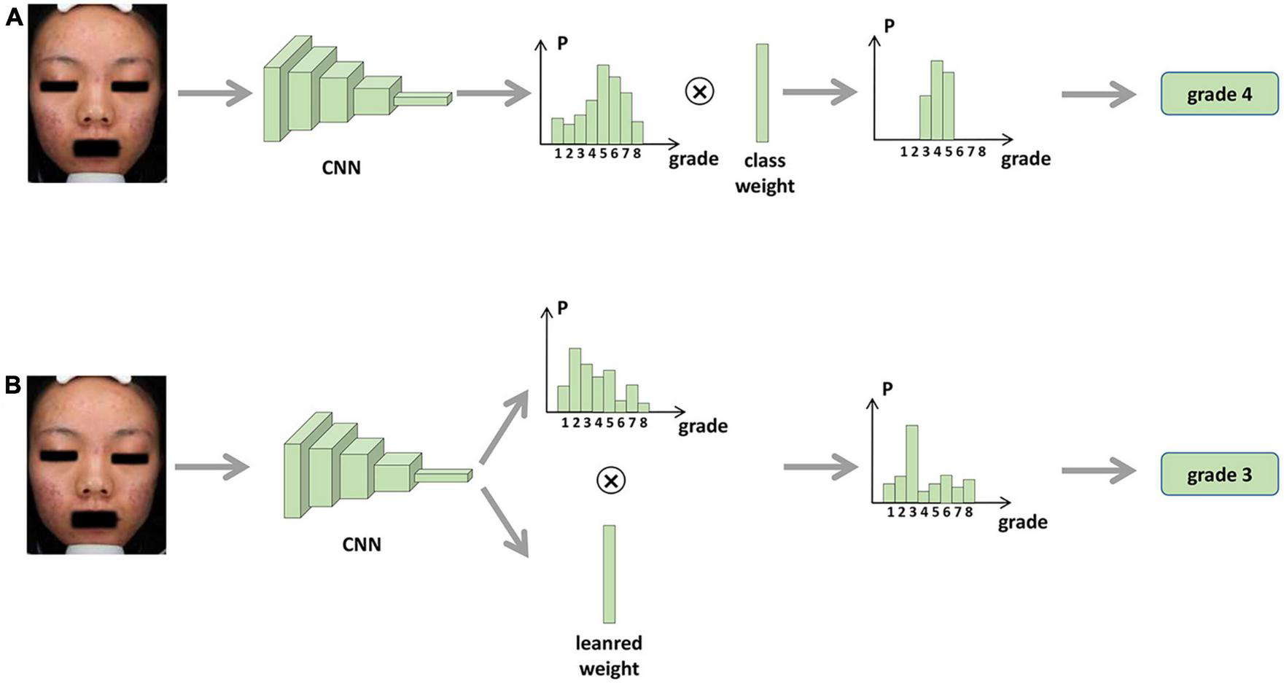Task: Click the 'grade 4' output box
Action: [x=1219, y=94]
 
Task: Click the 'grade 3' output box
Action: [x=1219, y=475]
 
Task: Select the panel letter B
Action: [x=12, y=386]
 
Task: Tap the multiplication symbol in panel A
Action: [x=700, y=91]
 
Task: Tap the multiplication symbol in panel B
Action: [x=610, y=480]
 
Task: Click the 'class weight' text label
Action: [x=764, y=174]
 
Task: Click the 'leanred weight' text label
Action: [x=609, y=656]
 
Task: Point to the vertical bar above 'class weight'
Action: [x=762, y=93]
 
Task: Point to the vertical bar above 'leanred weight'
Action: [x=609, y=574]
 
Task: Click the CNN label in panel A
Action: [x=341, y=168]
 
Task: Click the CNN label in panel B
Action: [x=362, y=545]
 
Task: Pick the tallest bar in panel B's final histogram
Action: [x=911, y=464]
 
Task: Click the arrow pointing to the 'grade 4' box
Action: [x=1098, y=95]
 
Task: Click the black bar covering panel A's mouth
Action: [x=100, y=147]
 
